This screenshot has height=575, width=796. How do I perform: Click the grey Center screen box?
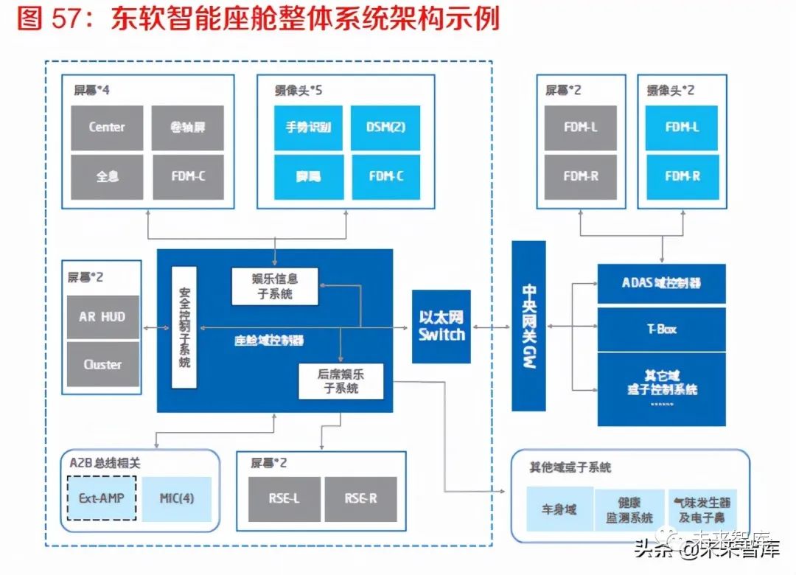point(108,128)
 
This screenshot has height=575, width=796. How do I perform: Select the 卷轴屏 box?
point(187,128)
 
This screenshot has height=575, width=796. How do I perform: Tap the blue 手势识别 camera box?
point(308,128)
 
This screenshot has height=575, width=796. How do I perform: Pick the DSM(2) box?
point(385,128)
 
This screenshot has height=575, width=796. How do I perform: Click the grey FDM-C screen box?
point(187,176)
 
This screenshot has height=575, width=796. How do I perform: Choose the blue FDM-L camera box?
point(682,128)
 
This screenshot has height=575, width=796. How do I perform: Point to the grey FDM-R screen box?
point(580,176)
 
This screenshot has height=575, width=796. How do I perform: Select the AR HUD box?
point(102,317)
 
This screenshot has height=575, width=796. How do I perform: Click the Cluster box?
point(102,364)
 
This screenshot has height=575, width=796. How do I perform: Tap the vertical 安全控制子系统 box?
point(184,327)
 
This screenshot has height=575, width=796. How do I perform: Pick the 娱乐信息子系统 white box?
point(275,286)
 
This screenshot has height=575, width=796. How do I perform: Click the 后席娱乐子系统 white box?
point(341,381)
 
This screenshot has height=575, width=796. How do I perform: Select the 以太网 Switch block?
point(441,326)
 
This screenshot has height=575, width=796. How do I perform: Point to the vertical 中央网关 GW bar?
point(528,327)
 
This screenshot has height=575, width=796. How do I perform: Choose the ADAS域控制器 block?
point(661,283)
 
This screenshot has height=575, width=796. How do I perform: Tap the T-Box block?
point(661,329)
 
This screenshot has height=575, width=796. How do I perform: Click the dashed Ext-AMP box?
point(101,498)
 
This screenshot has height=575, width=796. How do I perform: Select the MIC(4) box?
point(176,498)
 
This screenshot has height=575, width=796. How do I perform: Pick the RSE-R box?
point(360,499)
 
